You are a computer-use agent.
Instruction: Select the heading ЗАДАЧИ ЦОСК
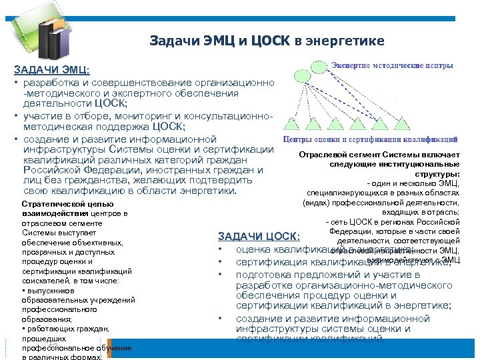(x=259, y=237)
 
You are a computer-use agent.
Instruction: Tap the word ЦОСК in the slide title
(x=271, y=41)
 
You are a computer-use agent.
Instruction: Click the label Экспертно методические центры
(x=393, y=65)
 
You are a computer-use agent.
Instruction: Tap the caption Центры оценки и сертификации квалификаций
(x=371, y=140)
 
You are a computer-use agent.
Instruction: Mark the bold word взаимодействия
(x=51, y=213)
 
